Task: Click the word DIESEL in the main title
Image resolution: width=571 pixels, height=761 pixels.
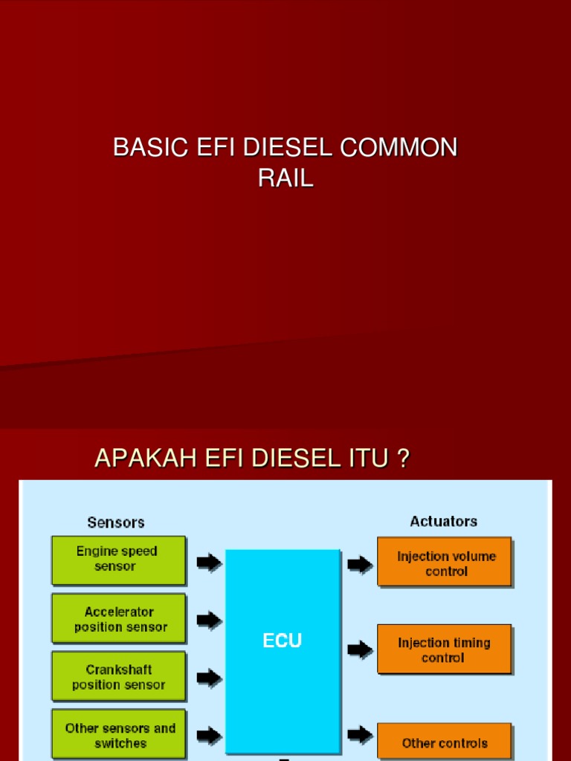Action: (289, 148)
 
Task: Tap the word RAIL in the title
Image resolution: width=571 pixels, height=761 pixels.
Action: (285, 178)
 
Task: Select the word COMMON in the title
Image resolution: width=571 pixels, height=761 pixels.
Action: (399, 148)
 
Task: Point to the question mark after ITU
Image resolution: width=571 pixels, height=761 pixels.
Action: (402, 459)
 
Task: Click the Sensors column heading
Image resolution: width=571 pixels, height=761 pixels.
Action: (116, 522)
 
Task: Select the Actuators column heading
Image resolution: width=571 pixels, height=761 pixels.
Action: (443, 522)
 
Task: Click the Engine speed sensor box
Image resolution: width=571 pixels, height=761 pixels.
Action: (117, 560)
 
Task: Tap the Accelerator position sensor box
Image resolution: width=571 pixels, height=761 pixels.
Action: (119, 619)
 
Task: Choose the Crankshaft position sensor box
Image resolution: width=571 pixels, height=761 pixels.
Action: (118, 677)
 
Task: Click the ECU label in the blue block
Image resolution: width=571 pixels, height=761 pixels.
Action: (283, 641)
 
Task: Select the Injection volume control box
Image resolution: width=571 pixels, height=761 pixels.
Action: (445, 563)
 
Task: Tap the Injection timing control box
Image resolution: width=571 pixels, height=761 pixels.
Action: (445, 650)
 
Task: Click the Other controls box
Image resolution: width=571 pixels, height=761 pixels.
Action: (445, 742)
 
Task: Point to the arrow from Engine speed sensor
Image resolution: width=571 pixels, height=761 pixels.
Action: (209, 563)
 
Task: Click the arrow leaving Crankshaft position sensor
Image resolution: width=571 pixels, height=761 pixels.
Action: (209, 678)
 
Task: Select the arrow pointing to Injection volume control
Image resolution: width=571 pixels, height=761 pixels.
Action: (360, 565)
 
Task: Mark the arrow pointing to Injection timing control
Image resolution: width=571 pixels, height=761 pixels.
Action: (360, 650)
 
